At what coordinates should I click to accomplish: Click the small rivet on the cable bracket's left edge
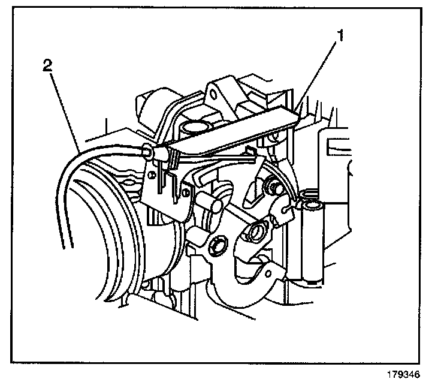(153, 175)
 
